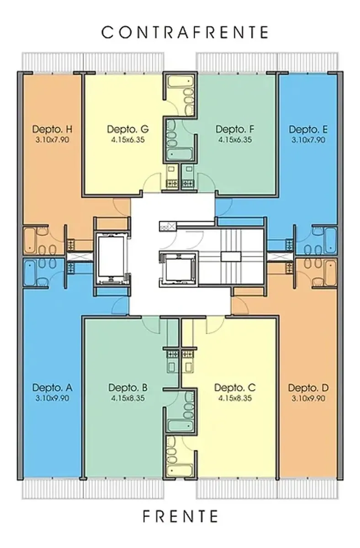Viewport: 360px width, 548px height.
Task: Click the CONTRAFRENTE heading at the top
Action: pyautogui.click(x=185, y=32)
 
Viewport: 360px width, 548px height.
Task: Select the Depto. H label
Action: pyautogui.click(x=53, y=129)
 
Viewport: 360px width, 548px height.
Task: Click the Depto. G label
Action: pyautogui.click(x=128, y=129)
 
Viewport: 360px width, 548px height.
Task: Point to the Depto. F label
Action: pyautogui.click(x=235, y=129)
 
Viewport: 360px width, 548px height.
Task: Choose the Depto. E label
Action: pyautogui.click(x=308, y=129)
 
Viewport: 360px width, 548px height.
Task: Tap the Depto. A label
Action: pyautogui.click(x=53, y=388)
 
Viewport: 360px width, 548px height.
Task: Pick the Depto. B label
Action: pyautogui.click(x=128, y=388)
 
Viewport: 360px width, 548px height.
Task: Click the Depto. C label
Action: pyautogui.click(x=235, y=388)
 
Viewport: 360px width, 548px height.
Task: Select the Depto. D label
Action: pyautogui.click(x=308, y=388)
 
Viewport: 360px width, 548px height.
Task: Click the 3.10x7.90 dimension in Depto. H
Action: pyautogui.click(x=53, y=140)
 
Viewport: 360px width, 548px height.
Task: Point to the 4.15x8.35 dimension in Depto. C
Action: pyautogui.click(x=235, y=398)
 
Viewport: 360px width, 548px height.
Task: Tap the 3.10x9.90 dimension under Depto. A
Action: pyautogui.click(x=53, y=398)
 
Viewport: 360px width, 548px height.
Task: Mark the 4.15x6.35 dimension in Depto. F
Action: pyautogui.click(x=235, y=140)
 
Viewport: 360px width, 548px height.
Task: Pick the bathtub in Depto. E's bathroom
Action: pyautogui.click(x=330, y=240)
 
